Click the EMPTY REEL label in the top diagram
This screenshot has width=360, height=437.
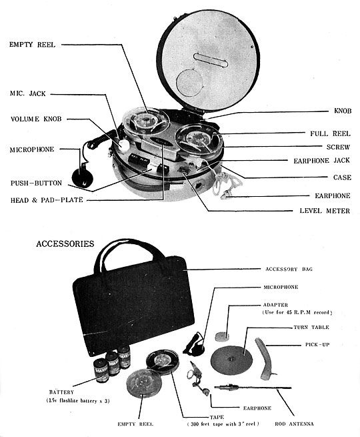[33, 45]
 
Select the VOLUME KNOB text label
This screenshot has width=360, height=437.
[36, 120]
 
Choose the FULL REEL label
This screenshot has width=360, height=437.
[326, 133]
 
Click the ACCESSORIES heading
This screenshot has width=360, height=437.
[65, 244]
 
